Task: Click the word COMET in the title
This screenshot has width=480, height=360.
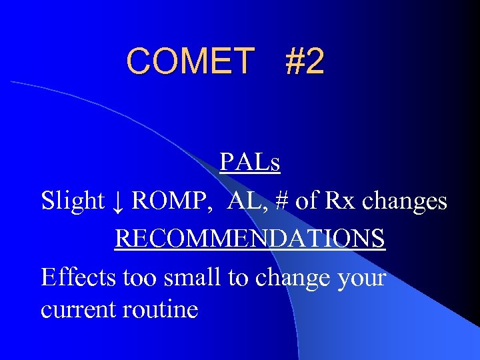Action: click(191, 61)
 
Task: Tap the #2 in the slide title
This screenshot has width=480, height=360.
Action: click(304, 61)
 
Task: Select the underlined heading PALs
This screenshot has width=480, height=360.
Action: click(250, 162)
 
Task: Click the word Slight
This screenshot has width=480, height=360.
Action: click(73, 200)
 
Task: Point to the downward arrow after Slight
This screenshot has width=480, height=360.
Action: click(118, 201)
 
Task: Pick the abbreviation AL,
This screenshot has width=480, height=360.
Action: click(245, 200)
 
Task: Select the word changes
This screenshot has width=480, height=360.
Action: click(405, 200)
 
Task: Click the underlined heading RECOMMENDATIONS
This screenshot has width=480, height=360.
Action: click(250, 239)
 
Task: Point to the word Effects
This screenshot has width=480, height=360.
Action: click(79, 277)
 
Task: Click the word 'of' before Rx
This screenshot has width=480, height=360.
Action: click(307, 200)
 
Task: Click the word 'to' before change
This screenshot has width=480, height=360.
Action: click(239, 277)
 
